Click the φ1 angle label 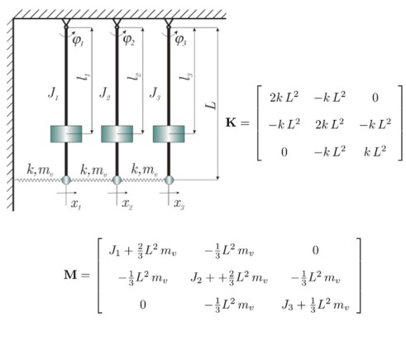pyautogui.click(x=78, y=41)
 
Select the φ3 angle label pyautogui.click(x=181, y=41)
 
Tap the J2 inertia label pyautogui.click(x=105, y=94)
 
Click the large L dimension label pyautogui.click(x=211, y=105)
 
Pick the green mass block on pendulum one pyautogui.click(x=66, y=134)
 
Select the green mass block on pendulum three pyautogui.click(x=169, y=134)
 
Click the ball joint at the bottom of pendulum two pyautogui.click(x=117, y=180)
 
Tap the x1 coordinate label pyautogui.click(x=76, y=204)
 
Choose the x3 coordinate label pyautogui.click(x=179, y=204)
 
